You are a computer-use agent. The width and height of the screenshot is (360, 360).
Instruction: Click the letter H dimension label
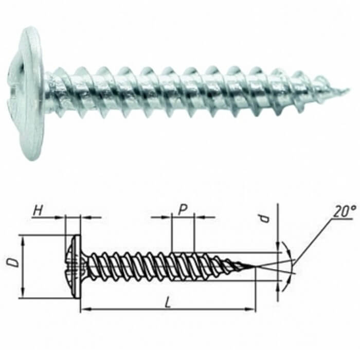point(38,210)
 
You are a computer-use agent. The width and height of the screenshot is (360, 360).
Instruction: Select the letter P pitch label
point(183,210)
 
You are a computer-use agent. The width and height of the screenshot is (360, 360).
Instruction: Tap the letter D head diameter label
point(13,263)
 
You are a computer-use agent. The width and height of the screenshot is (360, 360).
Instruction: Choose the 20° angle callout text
point(345,211)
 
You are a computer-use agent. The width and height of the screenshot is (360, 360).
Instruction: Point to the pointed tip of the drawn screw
point(255,266)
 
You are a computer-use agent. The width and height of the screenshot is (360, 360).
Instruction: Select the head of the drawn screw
point(73,266)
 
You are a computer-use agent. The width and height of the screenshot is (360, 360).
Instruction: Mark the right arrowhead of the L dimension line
point(250,310)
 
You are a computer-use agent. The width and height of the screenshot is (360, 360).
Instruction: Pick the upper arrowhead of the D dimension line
point(23,240)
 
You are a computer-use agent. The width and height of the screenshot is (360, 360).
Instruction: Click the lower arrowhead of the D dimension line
point(23,293)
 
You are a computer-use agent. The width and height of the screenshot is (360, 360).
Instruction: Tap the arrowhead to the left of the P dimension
point(167,217)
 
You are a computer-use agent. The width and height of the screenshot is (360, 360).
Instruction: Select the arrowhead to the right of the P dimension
point(199,217)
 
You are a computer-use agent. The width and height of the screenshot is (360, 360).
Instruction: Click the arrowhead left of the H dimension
point(60,217)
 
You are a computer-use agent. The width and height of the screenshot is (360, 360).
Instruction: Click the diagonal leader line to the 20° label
point(313,241)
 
